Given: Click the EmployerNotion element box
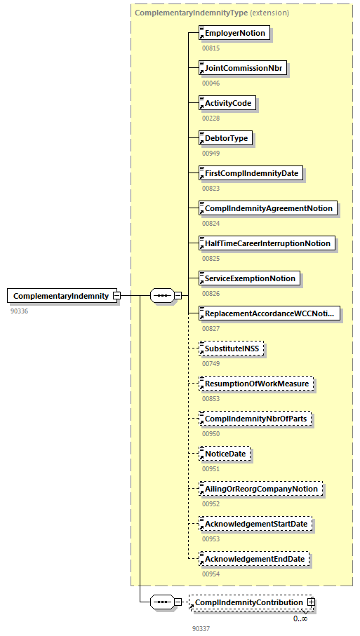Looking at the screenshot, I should [234, 33].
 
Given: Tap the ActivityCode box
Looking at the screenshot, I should [227, 103].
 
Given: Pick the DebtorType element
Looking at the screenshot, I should [225, 138].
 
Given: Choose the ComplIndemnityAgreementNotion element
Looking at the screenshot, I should [267, 208].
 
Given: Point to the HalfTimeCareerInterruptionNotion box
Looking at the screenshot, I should [266, 243].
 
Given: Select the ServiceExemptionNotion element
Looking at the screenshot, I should [249, 278].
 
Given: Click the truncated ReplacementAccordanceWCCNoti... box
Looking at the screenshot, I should [269, 313].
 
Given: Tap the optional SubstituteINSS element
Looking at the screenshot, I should [231, 349].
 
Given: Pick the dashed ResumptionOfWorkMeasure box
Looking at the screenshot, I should [256, 384].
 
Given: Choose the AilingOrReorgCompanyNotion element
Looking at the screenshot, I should [260, 489].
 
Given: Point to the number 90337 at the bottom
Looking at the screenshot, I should [201, 628].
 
